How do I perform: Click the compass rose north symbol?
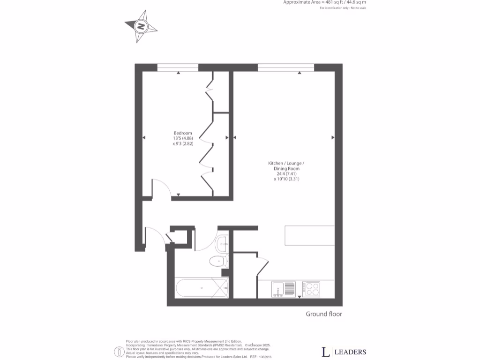(141, 27)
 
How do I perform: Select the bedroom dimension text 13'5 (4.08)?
(183, 138)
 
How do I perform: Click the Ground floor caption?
(324, 314)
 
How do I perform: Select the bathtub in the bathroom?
(201, 287)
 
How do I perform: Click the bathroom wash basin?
(223, 243)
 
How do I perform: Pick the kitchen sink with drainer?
(284, 289)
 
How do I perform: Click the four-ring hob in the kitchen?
(311, 288)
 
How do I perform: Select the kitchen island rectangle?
(310, 236)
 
